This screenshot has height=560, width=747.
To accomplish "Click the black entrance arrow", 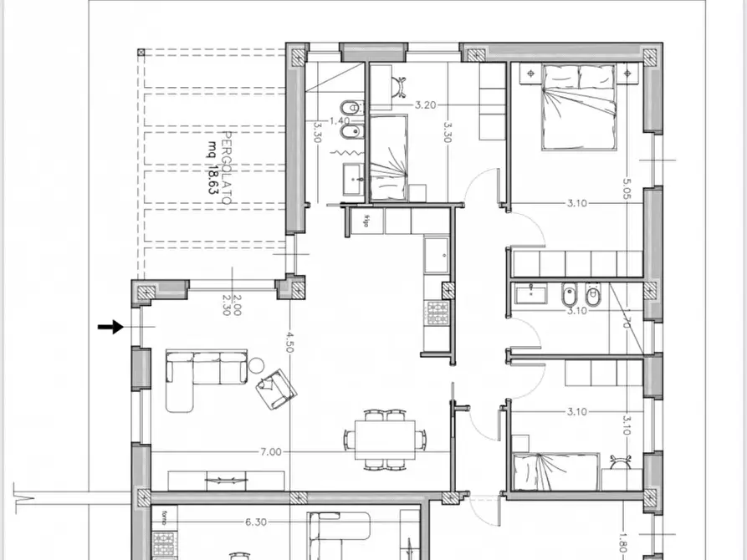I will tap(110, 327).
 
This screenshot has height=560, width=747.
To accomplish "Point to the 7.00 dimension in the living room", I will tap(269, 452).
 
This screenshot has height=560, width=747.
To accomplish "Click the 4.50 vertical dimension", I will tap(289, 344).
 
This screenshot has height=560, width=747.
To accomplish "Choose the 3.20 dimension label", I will tap(426, 105).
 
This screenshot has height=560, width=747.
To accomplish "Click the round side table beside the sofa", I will tap(257, 365).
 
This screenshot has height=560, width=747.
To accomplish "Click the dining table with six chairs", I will tap(386, 438).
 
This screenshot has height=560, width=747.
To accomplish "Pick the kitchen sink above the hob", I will tap(436, 256).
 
